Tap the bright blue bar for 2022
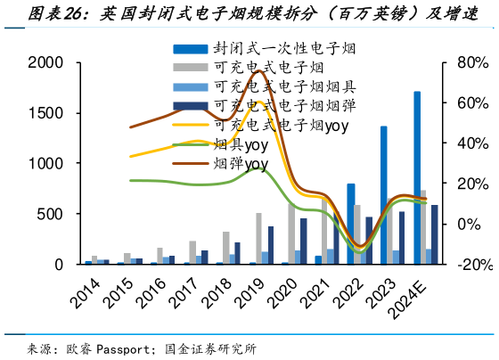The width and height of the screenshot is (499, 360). (351, 224)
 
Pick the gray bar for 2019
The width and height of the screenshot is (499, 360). (259, 238)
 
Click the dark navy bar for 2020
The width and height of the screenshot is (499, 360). (303, 241)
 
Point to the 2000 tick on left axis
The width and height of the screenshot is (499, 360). (45, 62)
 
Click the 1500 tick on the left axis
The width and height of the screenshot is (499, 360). (45, 113)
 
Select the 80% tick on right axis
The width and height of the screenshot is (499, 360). (472, 62)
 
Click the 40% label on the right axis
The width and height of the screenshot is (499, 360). (472, 143)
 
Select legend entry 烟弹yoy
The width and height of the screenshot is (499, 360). (241, 163)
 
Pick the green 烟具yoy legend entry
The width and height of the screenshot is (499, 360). (241, 144)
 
